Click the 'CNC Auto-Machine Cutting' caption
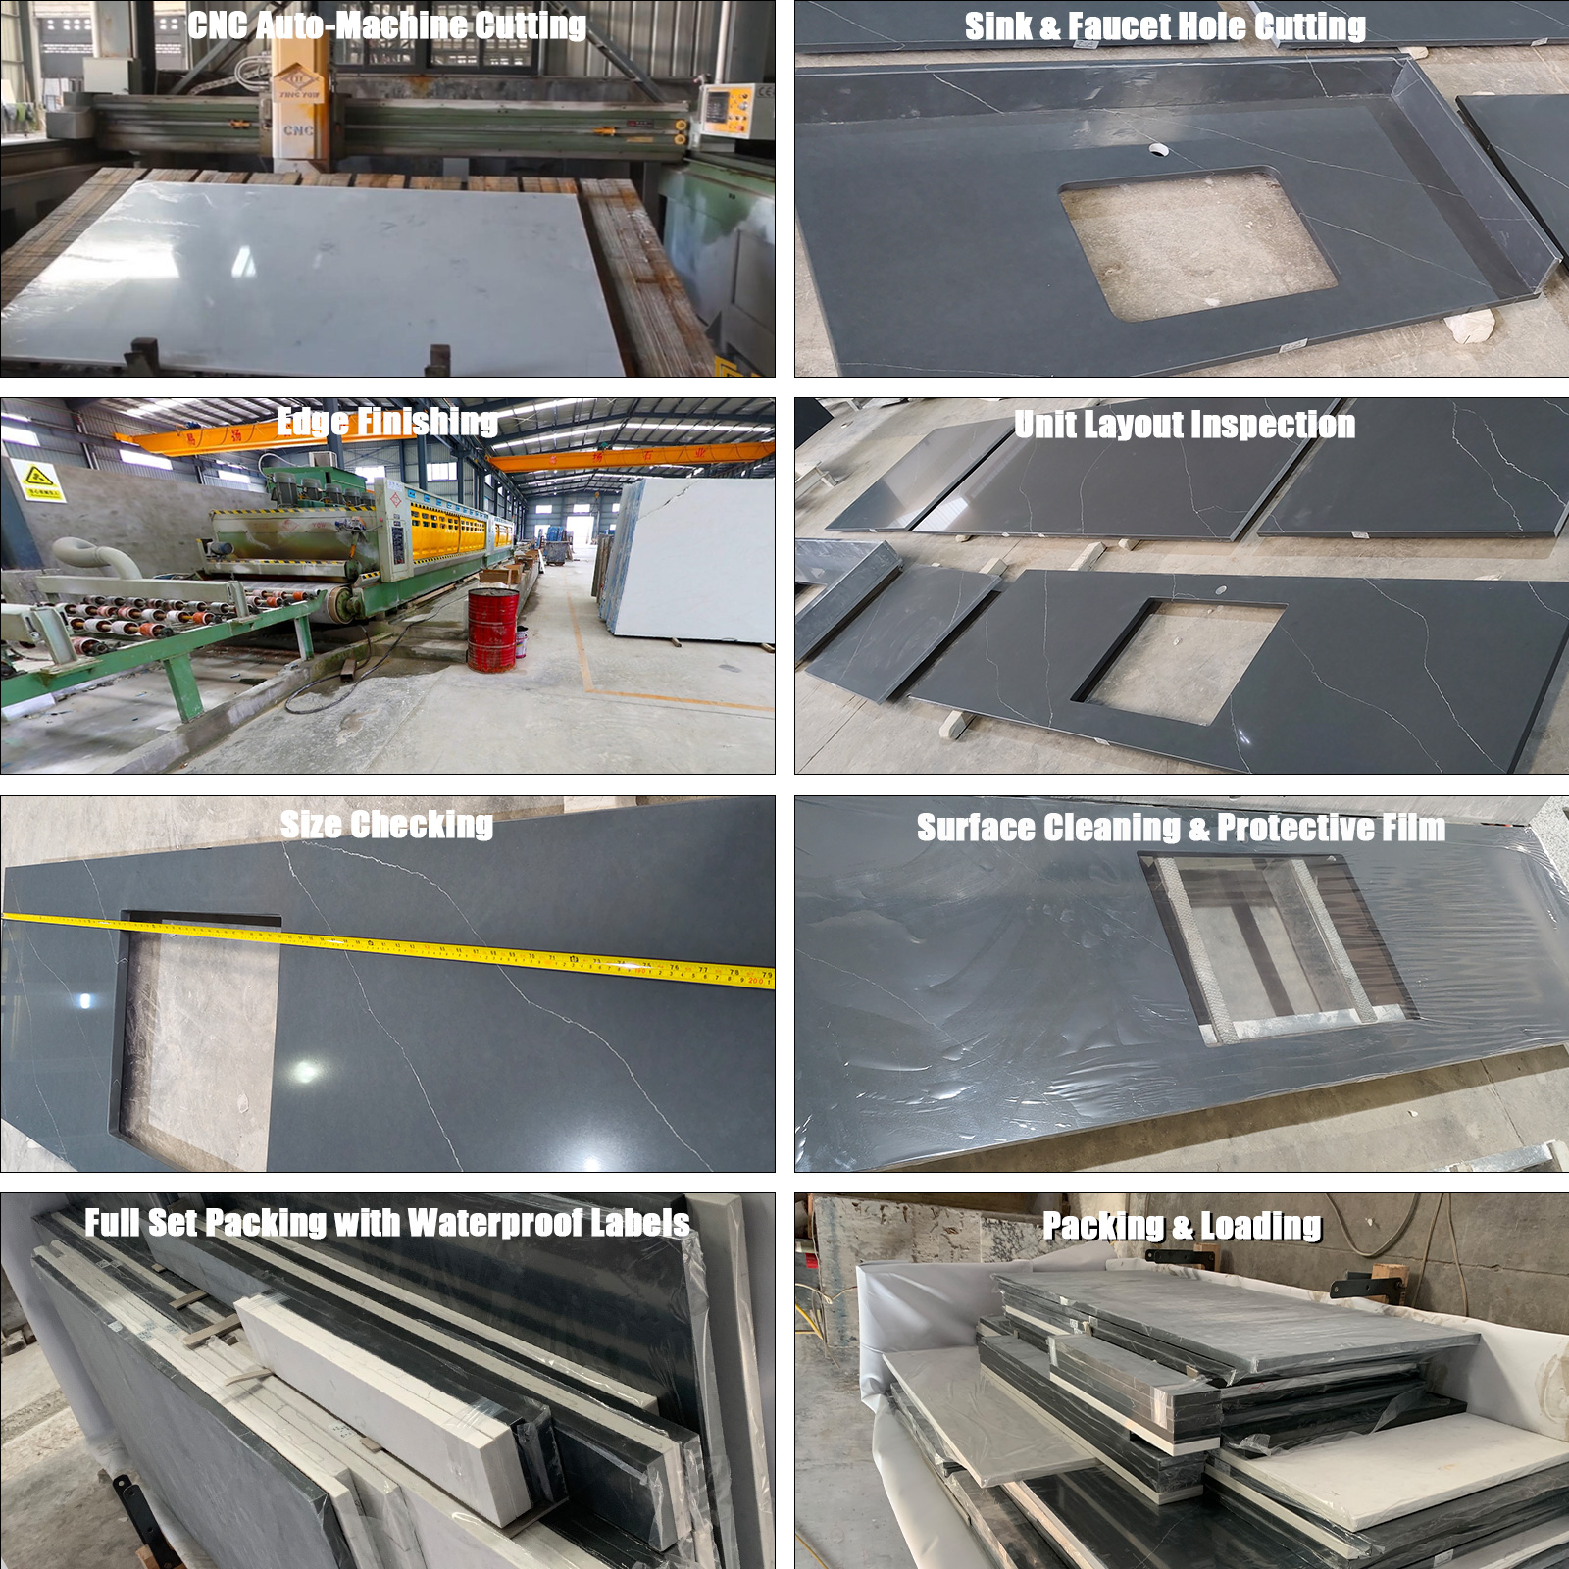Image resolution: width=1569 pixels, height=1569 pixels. click(x=386, y=25)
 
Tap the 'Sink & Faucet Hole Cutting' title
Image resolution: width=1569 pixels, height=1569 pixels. click(x=1165, y=26)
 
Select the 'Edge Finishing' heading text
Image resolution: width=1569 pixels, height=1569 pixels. click(x=386, y=423)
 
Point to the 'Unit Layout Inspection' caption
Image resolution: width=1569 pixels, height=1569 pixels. click(x=1185, y=425)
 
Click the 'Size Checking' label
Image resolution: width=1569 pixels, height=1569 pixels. click(x=386, y=825)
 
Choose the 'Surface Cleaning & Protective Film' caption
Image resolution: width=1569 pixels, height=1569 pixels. click(x=1181, y=828)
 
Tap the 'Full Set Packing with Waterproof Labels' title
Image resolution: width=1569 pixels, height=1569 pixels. click(x=386, y=1223)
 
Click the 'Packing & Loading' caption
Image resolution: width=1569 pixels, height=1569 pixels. click(x=1182, y=1226)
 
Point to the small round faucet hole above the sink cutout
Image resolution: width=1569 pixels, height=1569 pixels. click(x=1159, y=150)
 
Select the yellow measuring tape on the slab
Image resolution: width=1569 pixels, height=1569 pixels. click(x=392, y=943)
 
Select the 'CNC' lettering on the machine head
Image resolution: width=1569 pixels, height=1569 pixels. click(x=298, y=129)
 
